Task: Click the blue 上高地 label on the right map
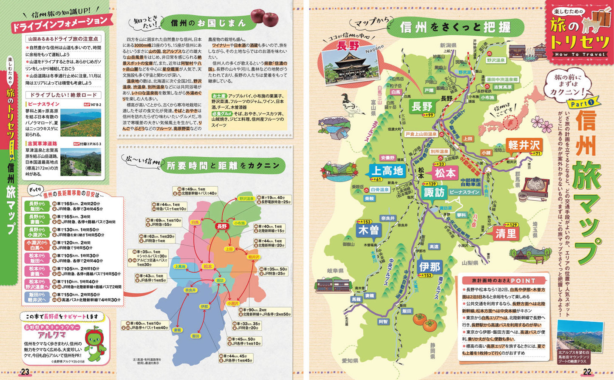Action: coord(387,171)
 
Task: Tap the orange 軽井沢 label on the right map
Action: coord(524,145)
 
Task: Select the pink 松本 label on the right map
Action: coord(445,173)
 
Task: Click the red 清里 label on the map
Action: coord(505,233)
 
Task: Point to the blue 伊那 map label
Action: coord(430,267)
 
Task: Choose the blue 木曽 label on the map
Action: coord(368,230)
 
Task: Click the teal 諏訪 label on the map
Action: coord(434,193)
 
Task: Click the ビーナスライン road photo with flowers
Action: coord(81,123)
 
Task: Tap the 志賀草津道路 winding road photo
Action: coord(81,162)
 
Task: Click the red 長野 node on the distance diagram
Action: coord(222,227)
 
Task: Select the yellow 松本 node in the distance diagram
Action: coord(207,267)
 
